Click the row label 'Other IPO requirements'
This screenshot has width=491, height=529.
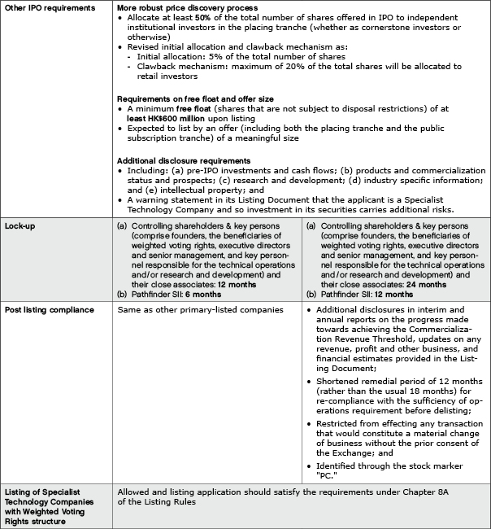tap(51, 7)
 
